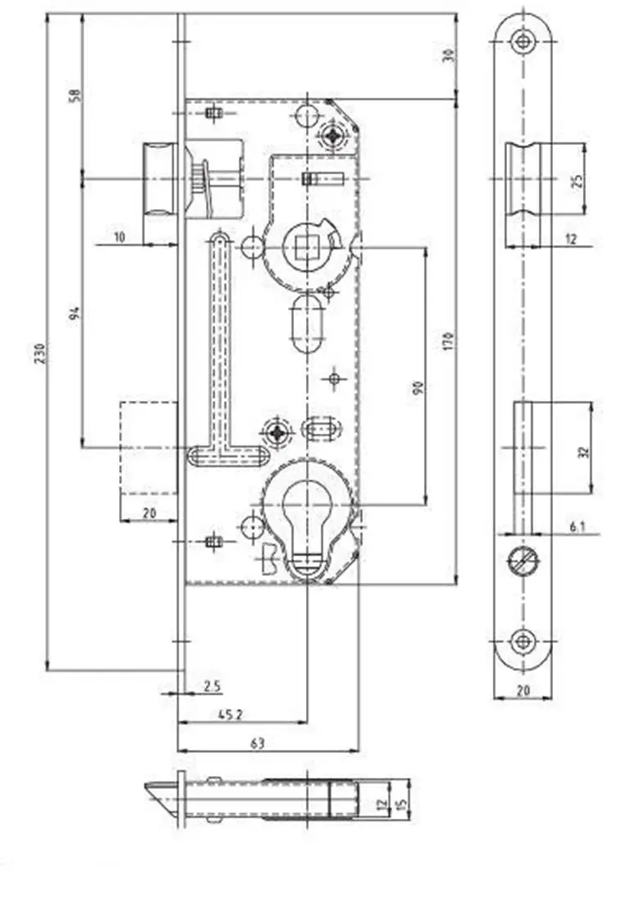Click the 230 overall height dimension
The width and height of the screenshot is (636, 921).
pos(39,353)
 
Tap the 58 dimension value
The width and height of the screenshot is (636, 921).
pos(75,95)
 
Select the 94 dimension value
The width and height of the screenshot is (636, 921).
pos(75,313)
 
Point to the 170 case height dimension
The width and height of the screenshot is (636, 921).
pos(448,342)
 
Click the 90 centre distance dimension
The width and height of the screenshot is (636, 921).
pos(418,388)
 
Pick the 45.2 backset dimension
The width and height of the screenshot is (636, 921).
pos(230,714)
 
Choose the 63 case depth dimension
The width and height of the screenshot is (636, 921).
pos(257,743)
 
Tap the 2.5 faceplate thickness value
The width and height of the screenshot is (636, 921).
pos(212,686)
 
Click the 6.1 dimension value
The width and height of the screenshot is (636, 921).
pos(577,527)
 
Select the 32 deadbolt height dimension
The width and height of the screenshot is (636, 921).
pos(583,452)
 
